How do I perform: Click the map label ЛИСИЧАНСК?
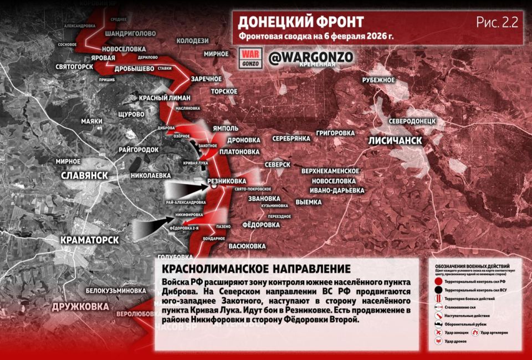(395, 141)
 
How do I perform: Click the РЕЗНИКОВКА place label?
(226, 181)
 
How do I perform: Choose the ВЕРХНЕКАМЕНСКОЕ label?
(331, 171)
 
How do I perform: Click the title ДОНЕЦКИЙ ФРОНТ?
(301, 22)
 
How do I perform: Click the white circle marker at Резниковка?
(214, 187)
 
